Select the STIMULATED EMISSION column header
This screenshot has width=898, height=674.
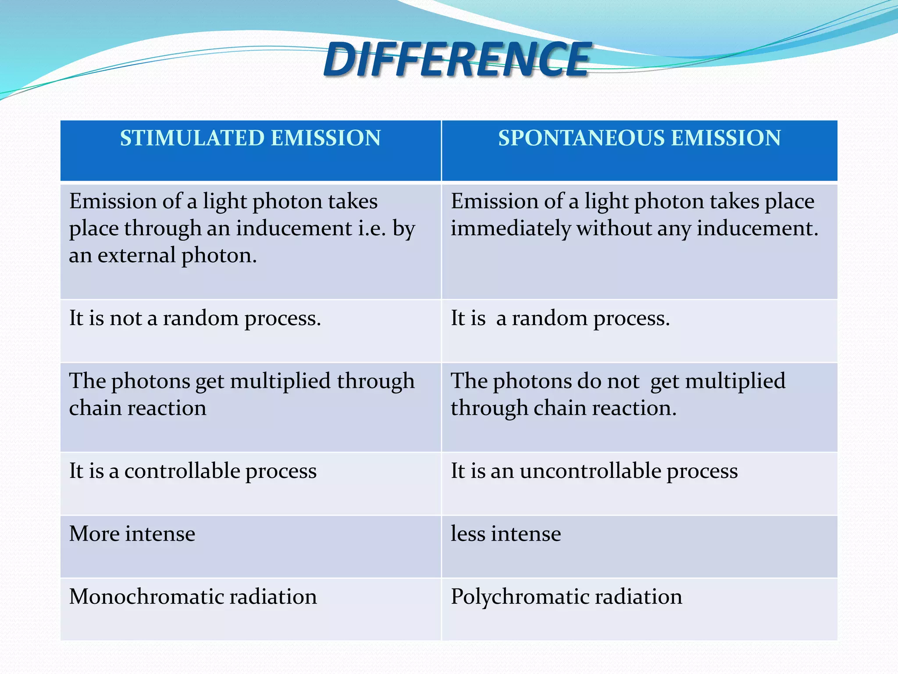click(250, 138)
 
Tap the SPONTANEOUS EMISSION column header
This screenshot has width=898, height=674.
click(639, 138)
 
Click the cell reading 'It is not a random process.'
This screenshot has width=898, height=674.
click(195, 318)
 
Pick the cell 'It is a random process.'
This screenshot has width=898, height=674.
click(560, 318)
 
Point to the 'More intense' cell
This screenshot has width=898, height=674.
click(132, 534)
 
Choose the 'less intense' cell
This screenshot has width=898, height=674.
click(506, 534)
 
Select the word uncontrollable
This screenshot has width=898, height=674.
click(590, 471)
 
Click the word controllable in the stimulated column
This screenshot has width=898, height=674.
click(182, 471)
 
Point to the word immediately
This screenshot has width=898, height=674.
click(510, 229)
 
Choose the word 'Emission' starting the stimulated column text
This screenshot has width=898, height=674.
click(112, 202)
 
